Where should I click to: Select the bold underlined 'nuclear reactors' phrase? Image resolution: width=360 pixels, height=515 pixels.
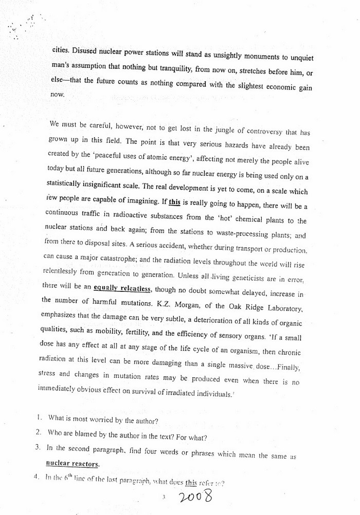(77, 463)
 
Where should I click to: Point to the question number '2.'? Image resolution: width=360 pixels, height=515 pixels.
(39, 433)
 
